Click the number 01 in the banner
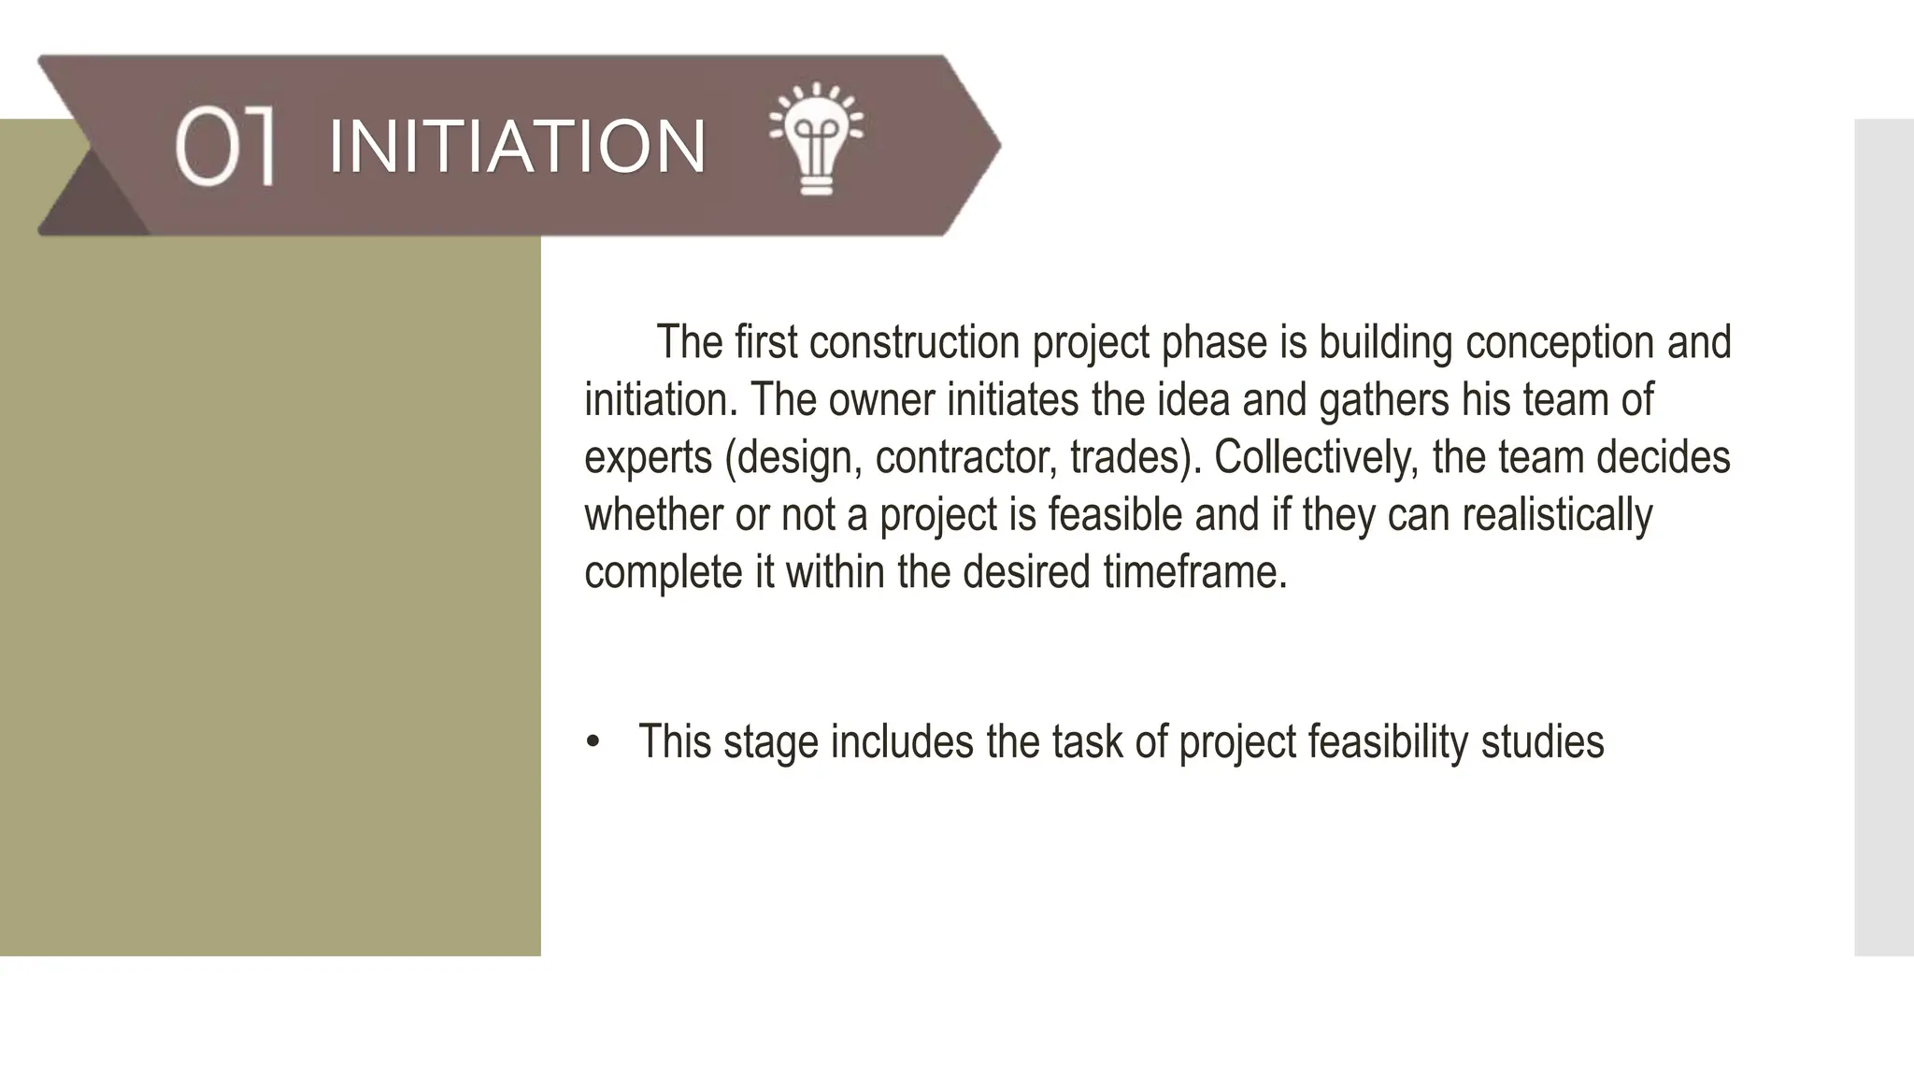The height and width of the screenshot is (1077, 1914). (224, 146)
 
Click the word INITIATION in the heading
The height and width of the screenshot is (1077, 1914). (517, 147)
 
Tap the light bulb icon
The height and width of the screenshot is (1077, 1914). (816, 139)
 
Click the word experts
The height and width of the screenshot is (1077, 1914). (648, 458)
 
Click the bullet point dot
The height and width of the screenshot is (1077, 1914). (593, 743)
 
